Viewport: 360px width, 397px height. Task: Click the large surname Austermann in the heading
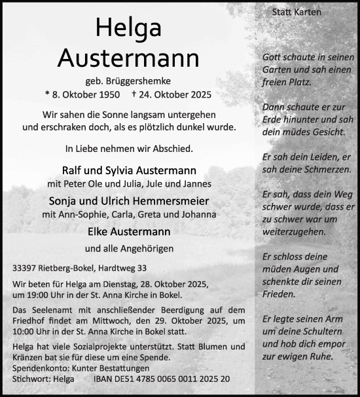pyautogui.click(x=128, y=58)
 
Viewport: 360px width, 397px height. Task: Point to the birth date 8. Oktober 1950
pyautogui.click(x=84, y=94)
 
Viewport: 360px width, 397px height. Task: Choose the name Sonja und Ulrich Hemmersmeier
pyautogui.click(x=129, y=200)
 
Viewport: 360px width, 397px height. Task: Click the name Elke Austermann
pyautogui.click(x=129, y=231)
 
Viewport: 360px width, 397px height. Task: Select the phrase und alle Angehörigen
pyautogui.click(x=128, y=249)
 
